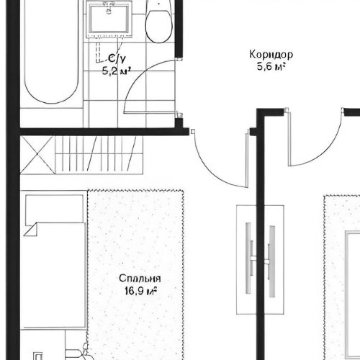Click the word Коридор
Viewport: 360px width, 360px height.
pos(271,55)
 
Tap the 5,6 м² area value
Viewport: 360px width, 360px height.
pos(271,66)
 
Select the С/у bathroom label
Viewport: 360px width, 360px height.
pos(117,58)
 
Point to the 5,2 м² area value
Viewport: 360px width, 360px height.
pos(117,71)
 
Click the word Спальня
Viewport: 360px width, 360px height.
pos(140,279)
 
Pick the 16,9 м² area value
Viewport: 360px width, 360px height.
pos(140,291)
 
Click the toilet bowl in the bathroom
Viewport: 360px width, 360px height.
pos(159,27)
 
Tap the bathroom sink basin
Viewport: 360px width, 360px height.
pos(109,19)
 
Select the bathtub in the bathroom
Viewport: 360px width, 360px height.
pos(52,52)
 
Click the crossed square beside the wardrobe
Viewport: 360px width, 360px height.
pos(37,155)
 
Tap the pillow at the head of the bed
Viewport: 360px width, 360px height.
pos(55,209)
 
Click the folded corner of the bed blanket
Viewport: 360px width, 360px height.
pos(30,230)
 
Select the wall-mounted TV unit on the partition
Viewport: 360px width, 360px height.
pos(261,260)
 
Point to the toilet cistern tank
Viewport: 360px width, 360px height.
pos(159,5)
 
